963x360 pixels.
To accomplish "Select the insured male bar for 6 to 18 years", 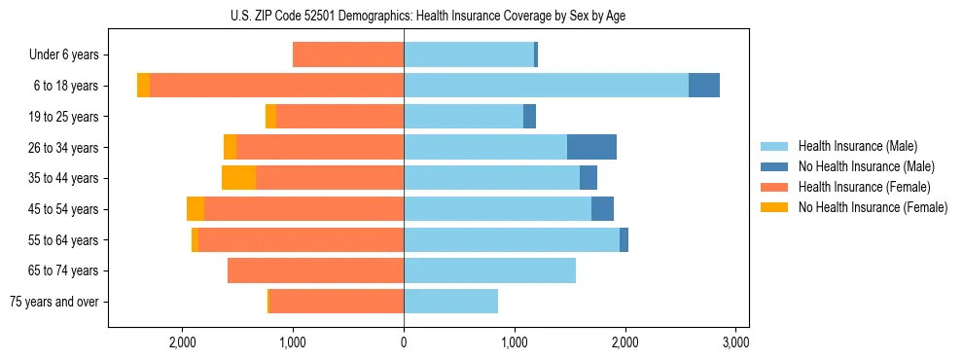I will pos(546,86).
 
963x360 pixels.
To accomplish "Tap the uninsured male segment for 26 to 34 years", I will pos(591,147).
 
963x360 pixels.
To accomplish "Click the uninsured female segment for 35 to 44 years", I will pos(238,178).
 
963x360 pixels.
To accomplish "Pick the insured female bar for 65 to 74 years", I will pos(315,270).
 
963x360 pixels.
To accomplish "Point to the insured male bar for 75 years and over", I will pos(450,302).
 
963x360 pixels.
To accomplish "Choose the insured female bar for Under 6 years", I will pos(348,54).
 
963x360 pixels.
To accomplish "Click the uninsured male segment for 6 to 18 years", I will pos(704,86).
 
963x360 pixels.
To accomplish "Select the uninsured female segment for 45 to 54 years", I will pos(196,209).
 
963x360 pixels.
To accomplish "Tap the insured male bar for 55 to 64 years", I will pos(512,239).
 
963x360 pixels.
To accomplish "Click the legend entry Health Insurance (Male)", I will pos(857,146).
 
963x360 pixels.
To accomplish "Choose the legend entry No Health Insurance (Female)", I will pos(872,207).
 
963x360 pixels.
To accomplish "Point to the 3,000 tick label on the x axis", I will pos(735,342).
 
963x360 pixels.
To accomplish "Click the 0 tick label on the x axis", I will pos(404,342).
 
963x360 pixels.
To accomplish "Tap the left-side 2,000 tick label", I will pos(183,342).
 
